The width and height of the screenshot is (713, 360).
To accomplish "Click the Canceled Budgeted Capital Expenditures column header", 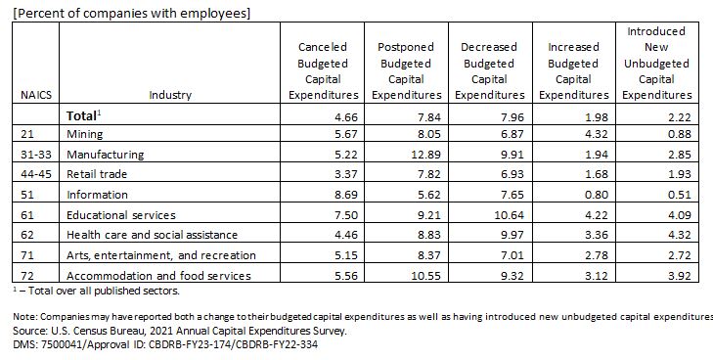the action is coord(323,70).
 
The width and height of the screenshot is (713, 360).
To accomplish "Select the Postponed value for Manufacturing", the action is coord(425,155).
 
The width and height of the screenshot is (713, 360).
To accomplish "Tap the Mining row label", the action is coord(84,134).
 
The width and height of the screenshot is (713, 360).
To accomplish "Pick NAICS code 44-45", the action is coord(36,174).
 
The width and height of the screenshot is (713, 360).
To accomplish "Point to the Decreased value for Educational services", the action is coord(510,214).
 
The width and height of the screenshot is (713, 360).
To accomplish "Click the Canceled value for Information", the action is coord(345,195).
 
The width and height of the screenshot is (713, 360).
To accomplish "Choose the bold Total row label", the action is coord(83,115).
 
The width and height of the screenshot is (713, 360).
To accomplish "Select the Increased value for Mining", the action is coord(597,134).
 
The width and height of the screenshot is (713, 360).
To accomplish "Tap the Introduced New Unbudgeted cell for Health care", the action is coord(679,235).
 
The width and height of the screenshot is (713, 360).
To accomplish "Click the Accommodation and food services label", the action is coord(158,276).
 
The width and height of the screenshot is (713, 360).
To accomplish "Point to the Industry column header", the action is coord(170,95).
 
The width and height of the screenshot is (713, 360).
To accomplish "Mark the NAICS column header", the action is coord(36,95).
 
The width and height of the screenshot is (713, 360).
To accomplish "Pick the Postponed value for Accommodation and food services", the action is coord(425,276).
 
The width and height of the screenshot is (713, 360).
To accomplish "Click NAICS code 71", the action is coord(27,255).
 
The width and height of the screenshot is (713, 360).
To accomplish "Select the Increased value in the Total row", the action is coord(597,116).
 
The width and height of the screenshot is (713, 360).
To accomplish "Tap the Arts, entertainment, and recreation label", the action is coord(161,255).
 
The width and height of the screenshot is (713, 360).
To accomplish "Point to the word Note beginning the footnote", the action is coord(22,316).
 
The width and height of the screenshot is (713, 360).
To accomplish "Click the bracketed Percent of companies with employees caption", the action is coord(131,13).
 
